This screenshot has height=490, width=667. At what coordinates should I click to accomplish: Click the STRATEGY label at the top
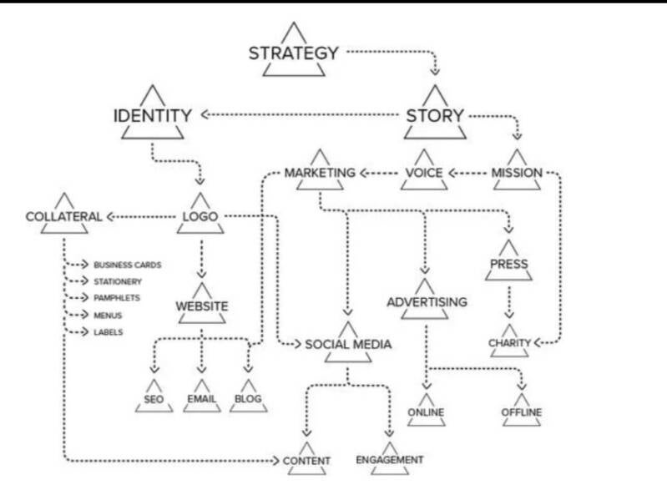293,53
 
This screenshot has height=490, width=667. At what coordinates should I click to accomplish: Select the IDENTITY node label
153,115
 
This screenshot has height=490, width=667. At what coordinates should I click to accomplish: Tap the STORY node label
434,115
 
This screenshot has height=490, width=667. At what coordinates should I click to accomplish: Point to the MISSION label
517,174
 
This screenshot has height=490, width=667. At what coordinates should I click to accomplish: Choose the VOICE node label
423,174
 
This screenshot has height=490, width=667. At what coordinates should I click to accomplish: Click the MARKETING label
320,174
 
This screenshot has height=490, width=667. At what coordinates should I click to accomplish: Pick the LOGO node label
200,217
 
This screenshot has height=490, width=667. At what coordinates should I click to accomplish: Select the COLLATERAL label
63,217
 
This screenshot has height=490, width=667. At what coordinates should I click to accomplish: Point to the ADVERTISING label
427,301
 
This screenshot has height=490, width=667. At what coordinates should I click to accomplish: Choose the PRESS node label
508,265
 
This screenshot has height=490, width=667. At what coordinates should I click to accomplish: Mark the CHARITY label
509,342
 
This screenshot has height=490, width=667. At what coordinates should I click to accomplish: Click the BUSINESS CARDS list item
127,265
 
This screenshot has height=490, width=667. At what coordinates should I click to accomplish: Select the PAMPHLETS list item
116,298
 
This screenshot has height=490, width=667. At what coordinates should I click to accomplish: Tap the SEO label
152,399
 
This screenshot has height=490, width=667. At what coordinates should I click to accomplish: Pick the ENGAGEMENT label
389,460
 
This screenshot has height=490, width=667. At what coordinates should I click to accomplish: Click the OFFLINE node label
522,412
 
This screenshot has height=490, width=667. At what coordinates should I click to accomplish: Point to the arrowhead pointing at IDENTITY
201,115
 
